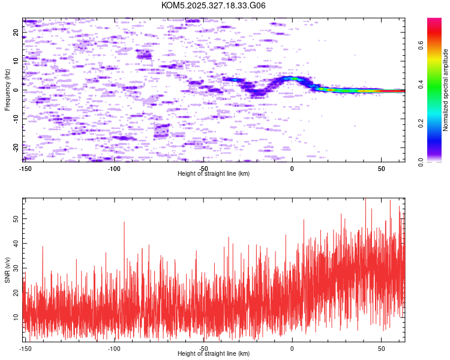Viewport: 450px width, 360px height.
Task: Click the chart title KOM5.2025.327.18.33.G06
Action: click(x=214, y=5)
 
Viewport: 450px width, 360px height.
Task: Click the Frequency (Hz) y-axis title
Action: click(x=7, y=90)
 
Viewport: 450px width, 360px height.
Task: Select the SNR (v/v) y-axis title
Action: click(x=7, y=269)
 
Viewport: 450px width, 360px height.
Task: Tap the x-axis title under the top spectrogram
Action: click(x=214, y=173)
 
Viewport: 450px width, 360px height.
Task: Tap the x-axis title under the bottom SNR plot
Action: click(x=214, y=353)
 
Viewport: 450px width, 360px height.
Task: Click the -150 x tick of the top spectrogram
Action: click(x=25, y=168)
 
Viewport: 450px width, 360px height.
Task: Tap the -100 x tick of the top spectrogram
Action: click(x=115, y=168)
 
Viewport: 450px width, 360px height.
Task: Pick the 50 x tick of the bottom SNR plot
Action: click(x=382, y=348)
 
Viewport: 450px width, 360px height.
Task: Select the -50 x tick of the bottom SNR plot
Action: click(x=204, y=348)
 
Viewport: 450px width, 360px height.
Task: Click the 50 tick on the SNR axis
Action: click(x=17, y=220)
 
